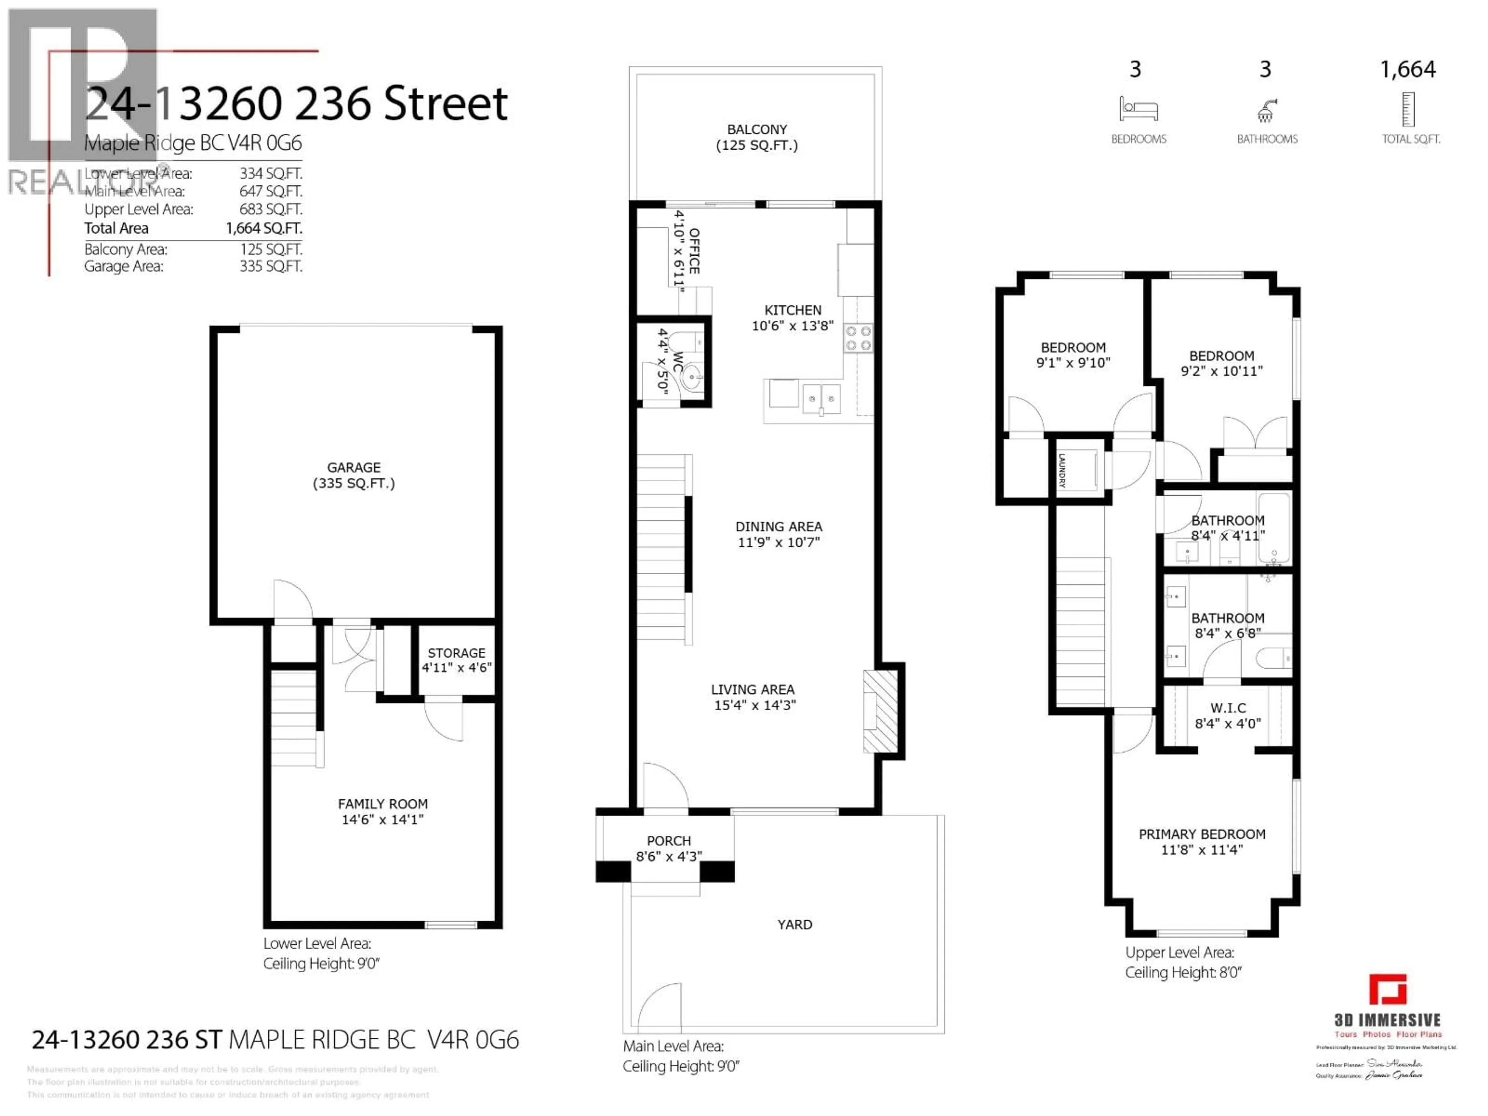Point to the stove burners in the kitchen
pos(858,338)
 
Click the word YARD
pos(794,924)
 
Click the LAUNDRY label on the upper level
pos(1061,470)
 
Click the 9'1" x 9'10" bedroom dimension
pos(1073,363)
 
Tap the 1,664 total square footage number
pos(1407,69)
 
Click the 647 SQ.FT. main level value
pos(270,191)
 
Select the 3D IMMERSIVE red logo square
pos(1388,990)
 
